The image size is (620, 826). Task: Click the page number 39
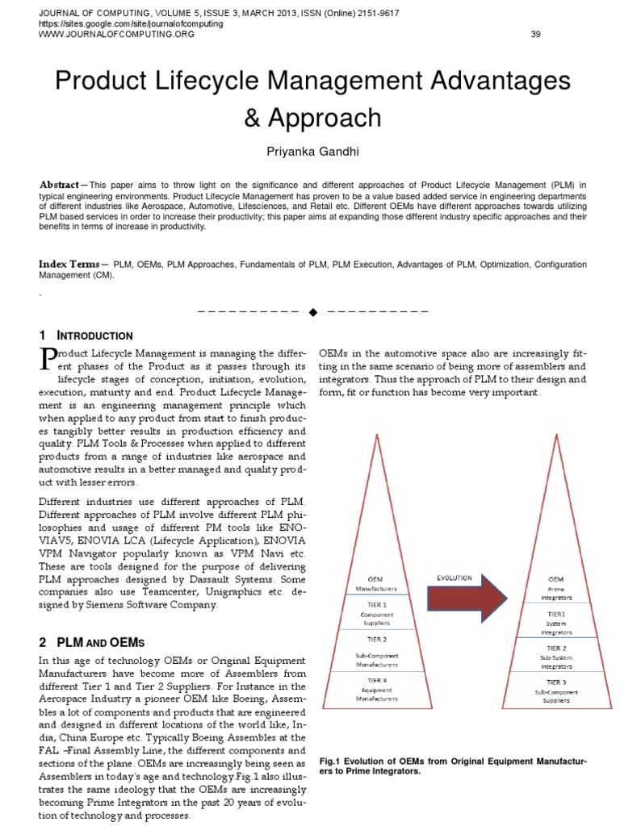point(535,34)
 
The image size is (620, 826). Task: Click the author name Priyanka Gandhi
point(312,152)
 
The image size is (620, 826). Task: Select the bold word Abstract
point(59,185)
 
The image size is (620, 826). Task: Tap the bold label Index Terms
point(69,265)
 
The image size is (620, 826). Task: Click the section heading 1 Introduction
point(86,336)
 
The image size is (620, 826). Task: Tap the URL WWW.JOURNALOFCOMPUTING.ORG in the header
point(117,34)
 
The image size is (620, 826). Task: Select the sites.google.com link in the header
point(131,24)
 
